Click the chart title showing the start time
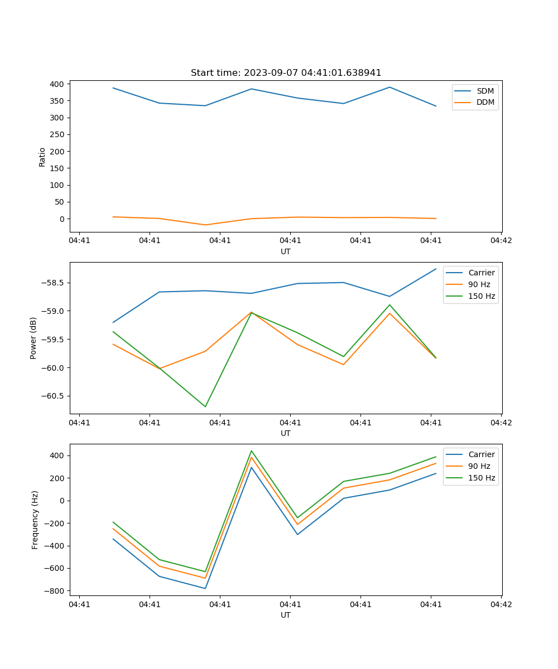286,73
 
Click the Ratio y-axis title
42,157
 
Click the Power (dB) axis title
33,338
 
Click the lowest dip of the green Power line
205,406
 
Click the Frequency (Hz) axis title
35,520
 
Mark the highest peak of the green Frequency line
252,451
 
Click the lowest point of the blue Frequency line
205,588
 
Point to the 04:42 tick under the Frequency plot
501,604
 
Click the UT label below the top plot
286,251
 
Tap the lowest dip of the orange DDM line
205,225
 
